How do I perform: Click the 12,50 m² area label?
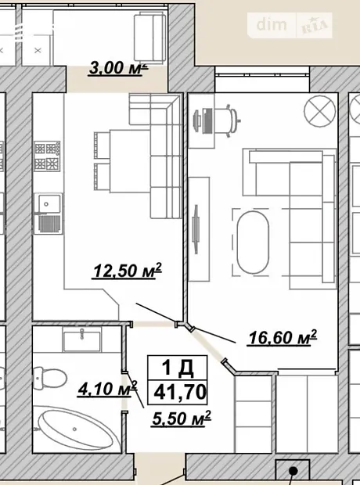(128, 271)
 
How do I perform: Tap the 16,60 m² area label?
(283, 337)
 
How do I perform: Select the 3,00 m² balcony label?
(118, 68)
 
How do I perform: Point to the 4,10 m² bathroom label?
(107, 389)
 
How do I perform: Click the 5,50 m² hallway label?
(182, 419)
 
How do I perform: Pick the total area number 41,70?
(180, 392)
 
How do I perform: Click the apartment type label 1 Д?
(178, 368)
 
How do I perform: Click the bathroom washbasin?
(81, 339)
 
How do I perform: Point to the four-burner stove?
(47, 156)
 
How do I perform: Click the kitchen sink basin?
(49, 204)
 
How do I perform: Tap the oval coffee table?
(253, 242)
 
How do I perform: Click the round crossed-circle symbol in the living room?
(320, 111)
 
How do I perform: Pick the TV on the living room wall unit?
(196, 229)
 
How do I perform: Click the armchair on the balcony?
(149, 38)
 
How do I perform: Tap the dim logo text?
(272, 25)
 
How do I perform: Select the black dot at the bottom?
(293, 471)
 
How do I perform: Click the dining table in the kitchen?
(130, 161)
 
